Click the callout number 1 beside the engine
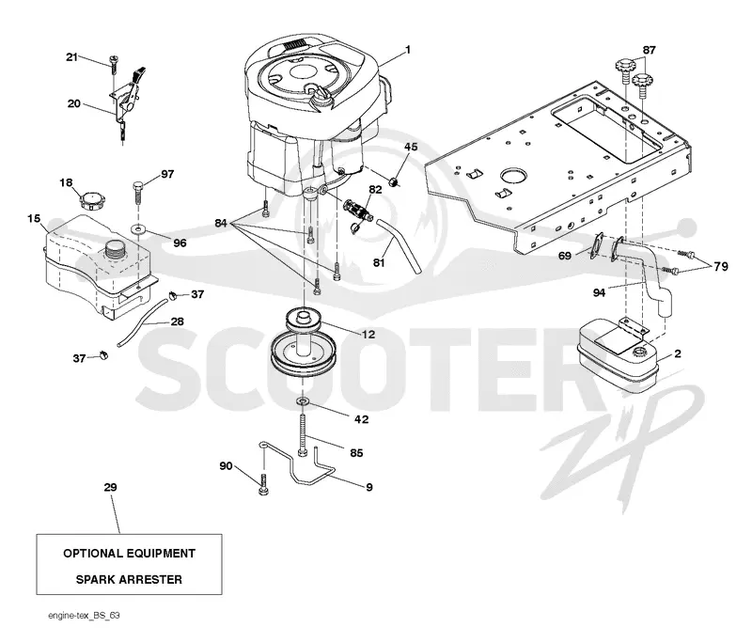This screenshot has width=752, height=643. (x=408, y=50)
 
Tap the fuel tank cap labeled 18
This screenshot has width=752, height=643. (x=90, y=199)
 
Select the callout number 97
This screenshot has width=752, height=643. (x=167, y=174)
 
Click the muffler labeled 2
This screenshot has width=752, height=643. (x=618, y=353)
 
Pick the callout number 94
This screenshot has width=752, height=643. (x=599, y=292)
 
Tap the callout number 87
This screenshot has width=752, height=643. (x=649, y=50)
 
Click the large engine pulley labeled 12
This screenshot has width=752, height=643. (x=303, y=344)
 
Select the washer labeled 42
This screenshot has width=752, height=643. (x=304, y=400)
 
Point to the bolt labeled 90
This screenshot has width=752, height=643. (x=262, y=485)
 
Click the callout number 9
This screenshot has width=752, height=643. (x=368, y=487)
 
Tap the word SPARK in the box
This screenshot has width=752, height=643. (x=95, y=579)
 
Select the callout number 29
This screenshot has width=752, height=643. (x=110, y=487)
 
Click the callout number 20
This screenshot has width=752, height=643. (x=74, y=103)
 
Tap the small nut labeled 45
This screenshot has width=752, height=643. (x=394, y=181)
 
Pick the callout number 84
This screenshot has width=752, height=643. (x=221, y=223)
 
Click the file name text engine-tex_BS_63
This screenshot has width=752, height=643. (x=84, y=615)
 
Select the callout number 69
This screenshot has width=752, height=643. (x=565, y=256)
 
